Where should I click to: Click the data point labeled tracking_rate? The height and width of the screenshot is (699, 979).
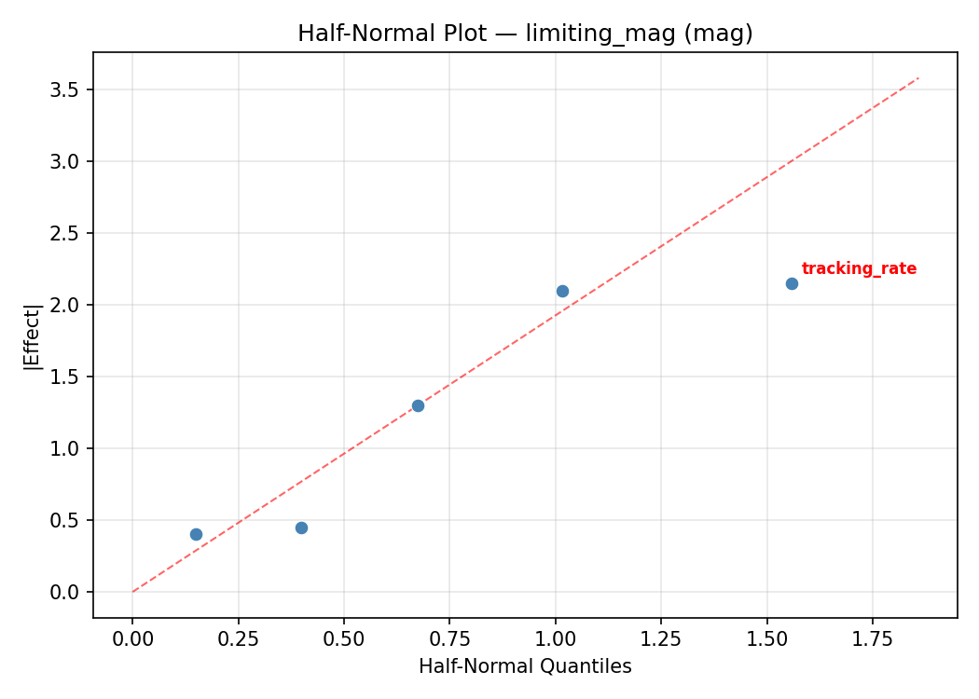[x=792, y=283]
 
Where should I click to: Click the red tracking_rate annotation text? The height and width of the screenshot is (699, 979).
[x=859, y=269]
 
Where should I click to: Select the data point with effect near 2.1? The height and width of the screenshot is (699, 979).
[x=562, y=291]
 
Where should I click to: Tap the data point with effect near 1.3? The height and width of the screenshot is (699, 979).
[x=418, y=405]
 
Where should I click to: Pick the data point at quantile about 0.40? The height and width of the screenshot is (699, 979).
[x=301, y=528]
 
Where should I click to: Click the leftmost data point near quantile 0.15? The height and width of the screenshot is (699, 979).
[x=196, y=534]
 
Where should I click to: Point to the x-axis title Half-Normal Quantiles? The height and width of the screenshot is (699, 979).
[x=525, y=666]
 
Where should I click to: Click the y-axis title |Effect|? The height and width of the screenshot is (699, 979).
[x=33, y=336]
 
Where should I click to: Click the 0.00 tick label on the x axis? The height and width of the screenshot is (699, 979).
[x=132, y=638]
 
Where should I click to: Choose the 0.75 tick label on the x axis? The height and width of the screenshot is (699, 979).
[x=449, y=638]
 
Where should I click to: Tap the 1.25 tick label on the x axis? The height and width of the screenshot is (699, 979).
[x=661, y=638]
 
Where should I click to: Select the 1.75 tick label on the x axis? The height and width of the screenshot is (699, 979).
[x=873, y=638]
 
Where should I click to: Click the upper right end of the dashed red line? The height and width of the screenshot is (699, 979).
[x=917, y=78]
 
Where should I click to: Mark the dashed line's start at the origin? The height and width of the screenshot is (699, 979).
[x=133, y=591]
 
